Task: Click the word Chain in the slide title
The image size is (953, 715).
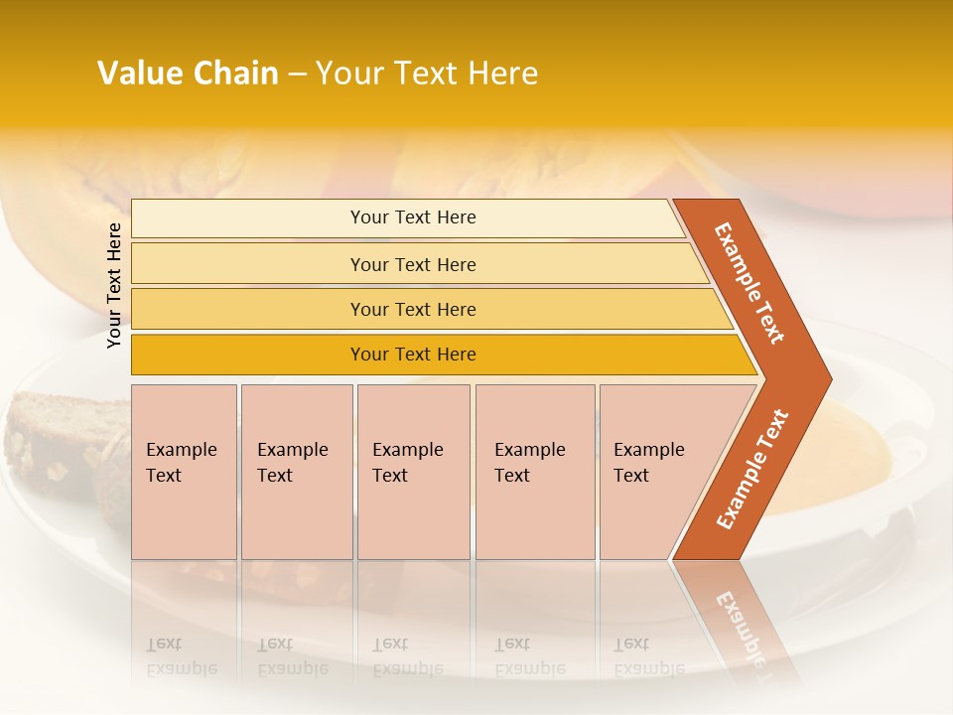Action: (x=234, y=73)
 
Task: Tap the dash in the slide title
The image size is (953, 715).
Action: (x=297, y=74)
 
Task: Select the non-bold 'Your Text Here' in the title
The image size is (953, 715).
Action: (x=427, y=73)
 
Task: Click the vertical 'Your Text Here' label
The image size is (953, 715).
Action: (x=114, y=285)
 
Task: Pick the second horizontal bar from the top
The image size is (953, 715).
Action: (x=412, y=264)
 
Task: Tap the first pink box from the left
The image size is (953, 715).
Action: (x=184, y=472)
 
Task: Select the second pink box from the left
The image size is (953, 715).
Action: (x=296, y=472)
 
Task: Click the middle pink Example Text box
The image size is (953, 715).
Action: (x=413, y=472)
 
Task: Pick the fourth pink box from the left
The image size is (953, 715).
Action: (x=534, y=472)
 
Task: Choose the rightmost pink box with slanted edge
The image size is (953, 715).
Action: (x=655, y=472)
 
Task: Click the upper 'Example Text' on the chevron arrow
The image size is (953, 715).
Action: (x=749, y=283)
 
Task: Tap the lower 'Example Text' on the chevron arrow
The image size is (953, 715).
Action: (x=751, y=469)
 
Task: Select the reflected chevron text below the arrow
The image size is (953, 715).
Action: (x=739, y=626)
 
